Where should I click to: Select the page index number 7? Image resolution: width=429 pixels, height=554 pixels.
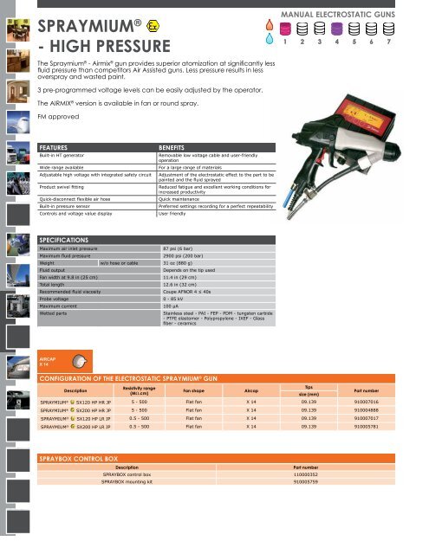[388, 41]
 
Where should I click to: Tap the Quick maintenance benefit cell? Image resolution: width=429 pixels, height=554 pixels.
[183, 198]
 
